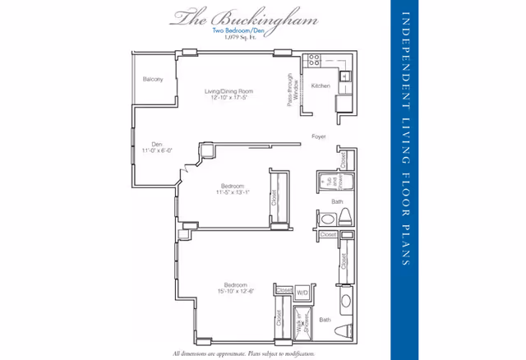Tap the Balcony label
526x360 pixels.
[153, 80]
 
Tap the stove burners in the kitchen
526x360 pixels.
[313, 61]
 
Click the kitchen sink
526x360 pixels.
[346, 77]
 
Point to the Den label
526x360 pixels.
[156, 145]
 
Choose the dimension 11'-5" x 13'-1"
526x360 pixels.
[233, 192]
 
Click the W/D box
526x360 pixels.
[302, 291]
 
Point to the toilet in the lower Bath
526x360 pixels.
[345, 302]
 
